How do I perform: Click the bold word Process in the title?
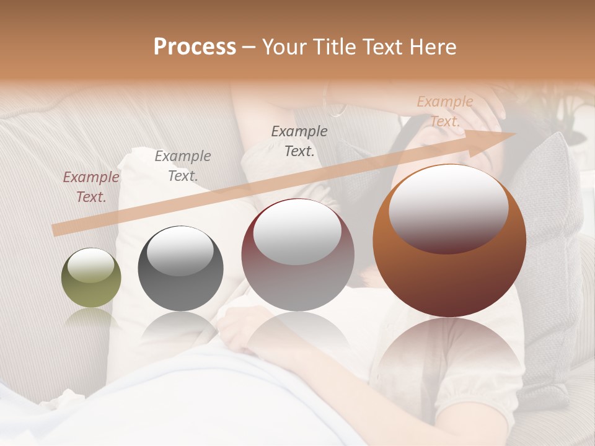tap(195, 47)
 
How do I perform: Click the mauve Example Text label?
tap(91, 187)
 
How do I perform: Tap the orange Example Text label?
tap(444, 111)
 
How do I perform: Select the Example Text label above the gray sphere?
tap(182, 166)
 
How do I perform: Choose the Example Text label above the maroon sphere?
tap(299, 141)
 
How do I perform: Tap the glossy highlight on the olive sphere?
tap(90, 265)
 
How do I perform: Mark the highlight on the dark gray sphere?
tap(180, 249)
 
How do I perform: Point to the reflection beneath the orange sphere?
tap(449, 353)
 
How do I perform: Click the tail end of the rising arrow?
tap(57, 230)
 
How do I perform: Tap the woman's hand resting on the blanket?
tap(239, 325)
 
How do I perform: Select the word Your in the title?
tap(283, 47)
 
